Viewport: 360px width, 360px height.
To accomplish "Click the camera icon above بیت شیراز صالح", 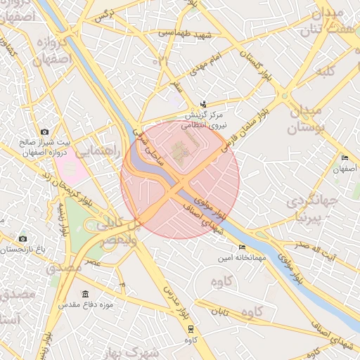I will point(45,131).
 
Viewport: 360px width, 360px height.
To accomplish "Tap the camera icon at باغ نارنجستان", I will point(22,239).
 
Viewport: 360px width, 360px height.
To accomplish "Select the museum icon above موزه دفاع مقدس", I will point(85,294).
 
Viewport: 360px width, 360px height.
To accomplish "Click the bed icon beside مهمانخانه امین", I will point(243,247).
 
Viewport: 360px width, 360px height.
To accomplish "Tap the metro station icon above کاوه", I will point(190,328).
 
